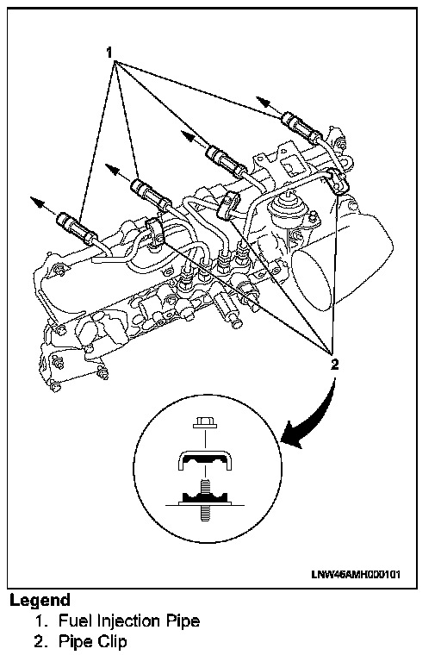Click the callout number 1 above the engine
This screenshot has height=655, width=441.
[109, 53]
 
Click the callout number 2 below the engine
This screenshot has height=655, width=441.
[334, 365]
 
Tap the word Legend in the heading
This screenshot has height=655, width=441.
[40, 601]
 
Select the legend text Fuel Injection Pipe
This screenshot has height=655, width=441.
[129, 621]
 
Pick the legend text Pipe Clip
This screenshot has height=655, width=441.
[92, 641]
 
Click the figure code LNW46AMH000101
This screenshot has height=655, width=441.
[356, 574]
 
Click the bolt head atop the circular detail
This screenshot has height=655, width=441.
[205, 423]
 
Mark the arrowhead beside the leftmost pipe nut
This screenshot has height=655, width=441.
[37, 202]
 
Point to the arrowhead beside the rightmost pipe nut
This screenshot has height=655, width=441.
[262, 101]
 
